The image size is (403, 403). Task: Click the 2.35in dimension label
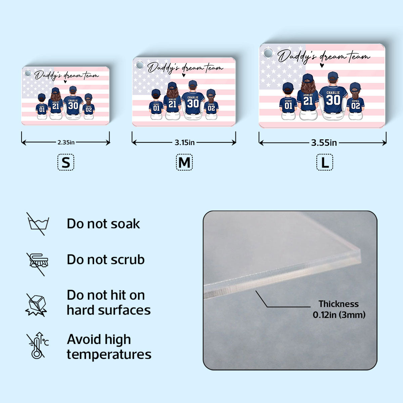[x=66, y=142]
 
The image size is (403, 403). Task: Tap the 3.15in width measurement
[x=184, y=143]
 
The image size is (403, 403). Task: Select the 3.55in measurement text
[x=324, y=143]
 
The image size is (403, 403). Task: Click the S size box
[x=66, y=162]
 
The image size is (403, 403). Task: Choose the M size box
[x=184, y=162]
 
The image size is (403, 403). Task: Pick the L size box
[x=324, y=162]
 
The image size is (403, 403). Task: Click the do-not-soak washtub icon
[x=38, y=224]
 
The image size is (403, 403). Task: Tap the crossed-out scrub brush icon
[x=38, y=264]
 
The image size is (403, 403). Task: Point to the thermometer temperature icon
[x=38, y=346]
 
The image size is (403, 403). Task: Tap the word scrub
[x=128, y=260]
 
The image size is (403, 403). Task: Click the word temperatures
[x=109, y=355]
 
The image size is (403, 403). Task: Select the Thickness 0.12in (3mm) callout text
[x=339, y=309]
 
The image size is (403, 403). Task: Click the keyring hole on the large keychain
[x=268, y=53]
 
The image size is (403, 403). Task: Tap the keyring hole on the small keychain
[x=28, y=73]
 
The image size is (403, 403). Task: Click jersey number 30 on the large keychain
[x=333, y=100]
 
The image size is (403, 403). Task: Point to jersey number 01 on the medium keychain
[x=156, y=108]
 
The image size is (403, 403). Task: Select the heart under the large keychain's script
[x=322, y=65]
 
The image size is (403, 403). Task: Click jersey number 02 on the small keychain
[x=89, y=109]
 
